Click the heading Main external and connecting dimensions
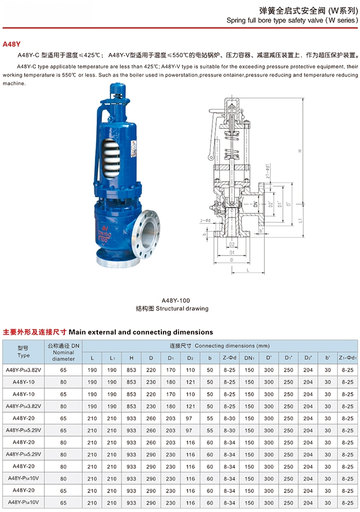140,332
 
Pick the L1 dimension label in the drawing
299,220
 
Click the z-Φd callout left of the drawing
205,221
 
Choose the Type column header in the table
24,352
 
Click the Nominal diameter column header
63,352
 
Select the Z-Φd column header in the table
229,357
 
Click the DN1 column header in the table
249,357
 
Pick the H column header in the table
131,357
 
